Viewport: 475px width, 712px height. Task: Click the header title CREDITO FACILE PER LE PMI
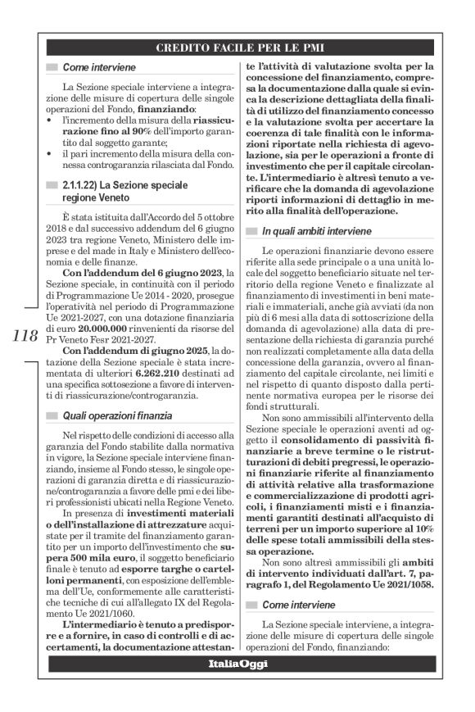pyautogui.click(x=237, y=48)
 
